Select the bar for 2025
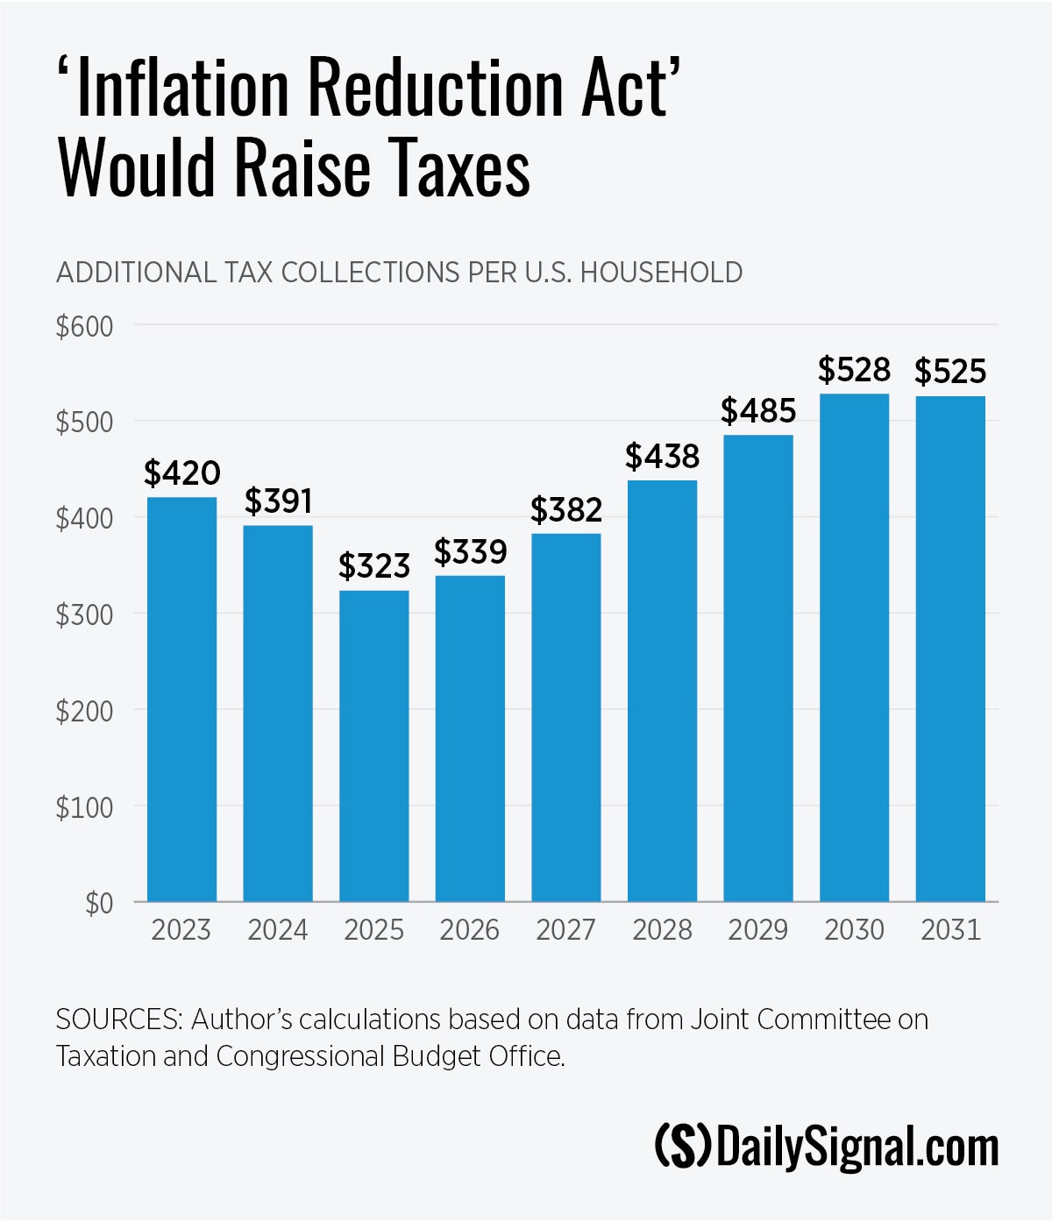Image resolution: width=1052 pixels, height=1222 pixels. tap(373, 745)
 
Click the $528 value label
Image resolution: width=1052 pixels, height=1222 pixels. tap(854, 370)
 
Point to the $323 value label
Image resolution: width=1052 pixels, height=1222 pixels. tap(374, 566)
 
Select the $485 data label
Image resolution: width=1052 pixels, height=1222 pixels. tap(758, 410)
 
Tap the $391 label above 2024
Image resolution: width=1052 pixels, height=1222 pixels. tap(278, 501)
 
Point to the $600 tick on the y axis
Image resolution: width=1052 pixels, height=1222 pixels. tap(84, 326)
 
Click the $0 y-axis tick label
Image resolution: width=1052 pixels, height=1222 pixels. tap(98, 903)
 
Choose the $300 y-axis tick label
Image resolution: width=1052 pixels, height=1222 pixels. tap(84, 615)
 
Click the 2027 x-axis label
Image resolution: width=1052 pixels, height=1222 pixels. tap(565, 929)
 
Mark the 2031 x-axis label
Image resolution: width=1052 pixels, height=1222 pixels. tap(950, 929)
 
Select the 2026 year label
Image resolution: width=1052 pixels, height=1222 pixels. tap(470, 929)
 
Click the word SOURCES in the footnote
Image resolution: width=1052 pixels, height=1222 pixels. tap(118, 1020)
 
